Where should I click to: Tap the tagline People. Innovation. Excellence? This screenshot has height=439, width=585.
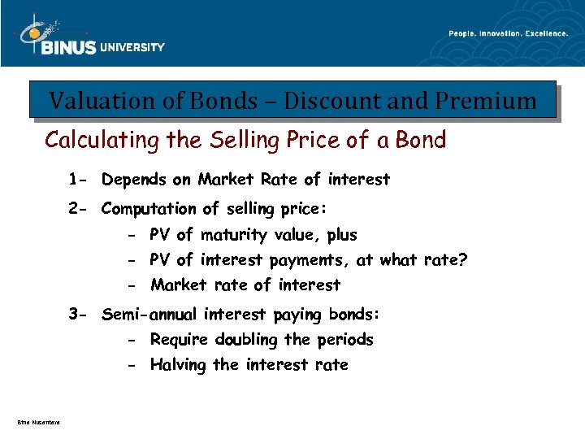508,33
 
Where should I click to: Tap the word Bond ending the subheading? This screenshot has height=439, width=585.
421,140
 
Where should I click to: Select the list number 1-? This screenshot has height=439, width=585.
79,179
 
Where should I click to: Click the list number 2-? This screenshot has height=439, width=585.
79,209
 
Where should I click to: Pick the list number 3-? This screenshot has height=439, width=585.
79,314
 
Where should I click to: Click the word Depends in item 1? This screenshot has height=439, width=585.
133,179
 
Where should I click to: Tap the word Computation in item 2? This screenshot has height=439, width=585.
149,209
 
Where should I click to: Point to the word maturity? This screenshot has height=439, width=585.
232,235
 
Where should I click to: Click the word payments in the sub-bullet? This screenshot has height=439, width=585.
307,261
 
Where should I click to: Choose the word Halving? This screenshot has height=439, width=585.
178,365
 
